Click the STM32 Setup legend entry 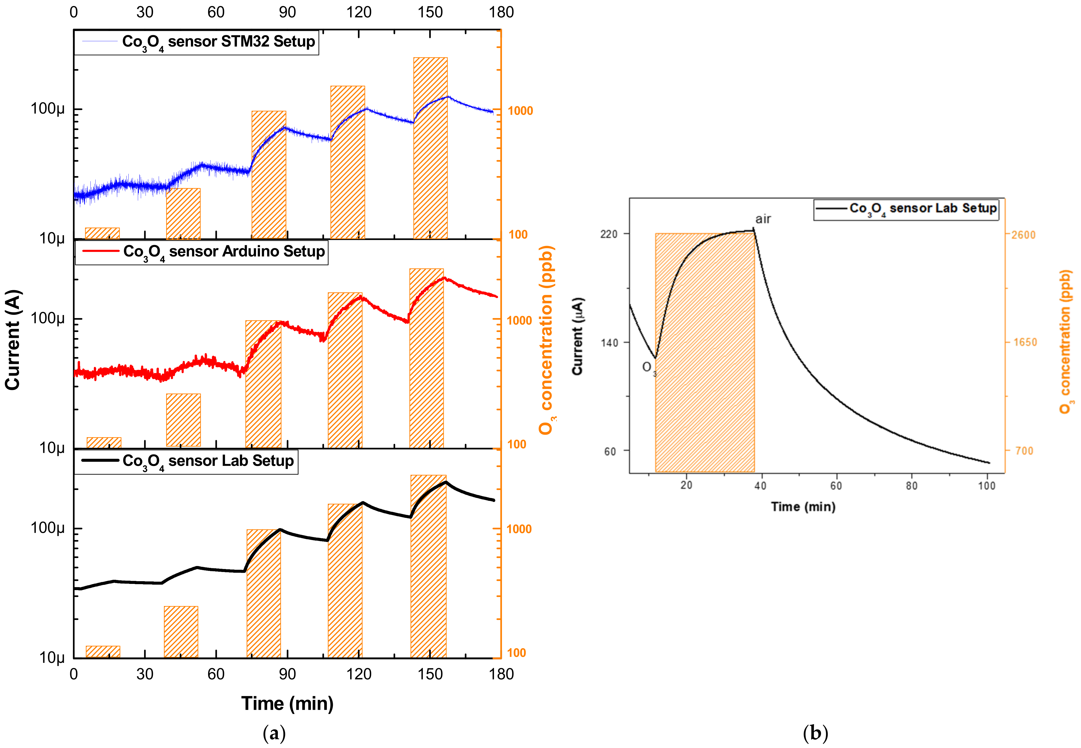197,42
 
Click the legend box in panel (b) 906,209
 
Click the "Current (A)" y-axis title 13,340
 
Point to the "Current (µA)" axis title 578,336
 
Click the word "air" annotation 763,219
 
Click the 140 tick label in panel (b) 609,343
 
